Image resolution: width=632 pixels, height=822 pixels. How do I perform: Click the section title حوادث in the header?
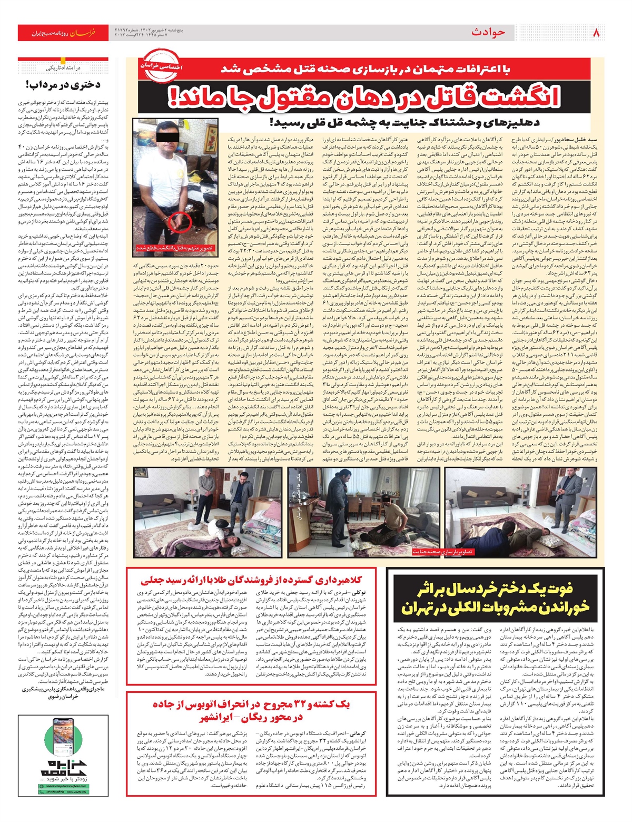pos(488,33)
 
